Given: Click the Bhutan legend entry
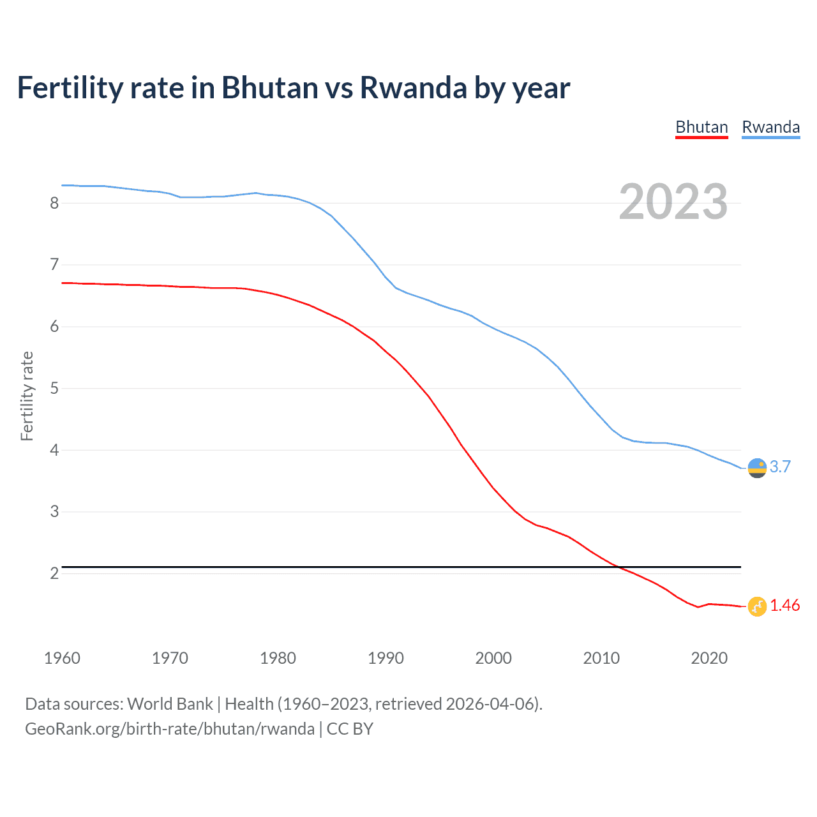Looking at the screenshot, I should [x=701, y=127].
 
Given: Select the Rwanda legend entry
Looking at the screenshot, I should [x=770, y=127].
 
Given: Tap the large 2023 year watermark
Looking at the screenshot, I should [x=673, y=202].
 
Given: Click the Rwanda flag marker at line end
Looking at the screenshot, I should [x=757, y=468].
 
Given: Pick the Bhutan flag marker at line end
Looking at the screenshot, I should [x=757, y=606].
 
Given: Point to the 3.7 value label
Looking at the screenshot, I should [x=780, y=467].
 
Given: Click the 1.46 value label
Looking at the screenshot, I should [x=784, y=605].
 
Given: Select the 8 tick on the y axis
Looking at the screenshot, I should [x=54, y=203].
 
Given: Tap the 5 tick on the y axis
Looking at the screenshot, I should [x=54, y=388].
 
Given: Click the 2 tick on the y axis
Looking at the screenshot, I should [x=54, y=573].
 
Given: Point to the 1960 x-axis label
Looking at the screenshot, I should [x=62, y=658].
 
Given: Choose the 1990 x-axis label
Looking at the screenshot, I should [x=386, y=658].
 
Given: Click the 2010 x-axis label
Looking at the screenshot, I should [x=601, y=658].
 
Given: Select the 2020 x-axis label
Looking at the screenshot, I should [x=709, y=658].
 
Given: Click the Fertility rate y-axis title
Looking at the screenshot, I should [x=27, y=396].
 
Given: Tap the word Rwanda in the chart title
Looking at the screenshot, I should [x=414, y=88].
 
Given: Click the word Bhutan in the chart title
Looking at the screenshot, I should [x=269, y=88].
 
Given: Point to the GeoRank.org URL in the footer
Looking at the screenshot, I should [x=169, y=729].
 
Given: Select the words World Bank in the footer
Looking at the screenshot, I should [x=170, y=704].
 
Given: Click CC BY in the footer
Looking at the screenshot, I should [x=350, y=729].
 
